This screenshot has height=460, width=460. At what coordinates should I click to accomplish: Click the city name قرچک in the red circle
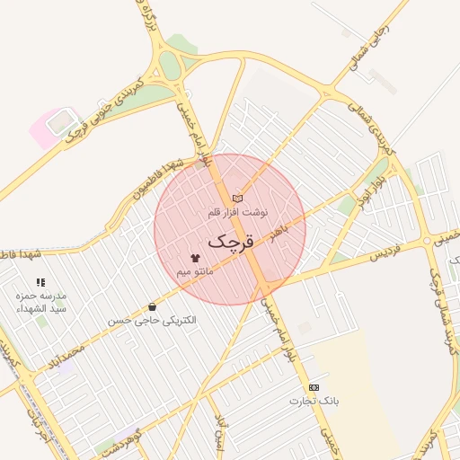pyautogui.click(x=230, y=241)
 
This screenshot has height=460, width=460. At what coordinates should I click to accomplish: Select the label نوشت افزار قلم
pyautogui.click(x=237, y=213)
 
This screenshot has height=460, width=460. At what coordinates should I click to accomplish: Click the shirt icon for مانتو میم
pyautogui.click(x=195, y=257)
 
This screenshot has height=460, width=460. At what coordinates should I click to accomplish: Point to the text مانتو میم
pyautogui.click(x=195, y=270)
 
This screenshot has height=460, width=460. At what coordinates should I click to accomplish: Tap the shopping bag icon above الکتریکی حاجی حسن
pyautogui.click(x=152, y=307)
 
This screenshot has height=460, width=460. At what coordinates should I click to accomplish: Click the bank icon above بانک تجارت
pyautogui.click(x=314, y=386)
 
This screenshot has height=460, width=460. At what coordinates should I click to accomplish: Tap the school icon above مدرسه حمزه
pyautogui.click(x=40, y=282)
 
